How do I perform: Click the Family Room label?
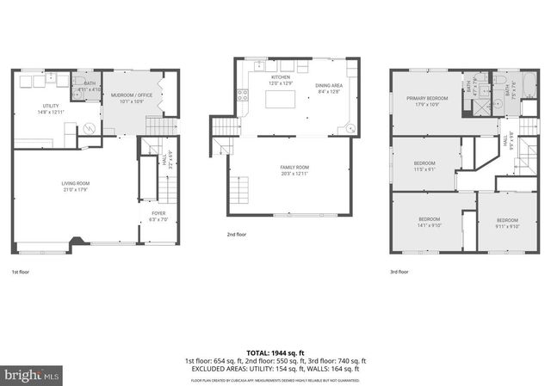coord(294,170)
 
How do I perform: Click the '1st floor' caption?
coord(22,272)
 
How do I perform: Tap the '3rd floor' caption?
coord(399,272)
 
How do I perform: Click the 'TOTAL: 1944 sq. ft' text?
coord(275,353)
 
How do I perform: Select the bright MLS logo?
coord(32,375)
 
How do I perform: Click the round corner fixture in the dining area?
coord(350,129)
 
